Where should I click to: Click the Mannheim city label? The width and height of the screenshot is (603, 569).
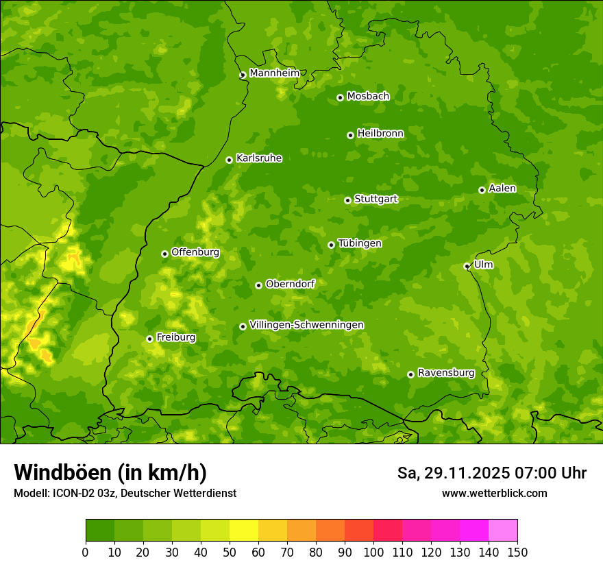(274, 73)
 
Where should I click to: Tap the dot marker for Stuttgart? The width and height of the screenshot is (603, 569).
(347, 200)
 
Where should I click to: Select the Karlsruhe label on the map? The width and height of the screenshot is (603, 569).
(258, 158)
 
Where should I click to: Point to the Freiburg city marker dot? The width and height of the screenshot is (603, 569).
(149, 339)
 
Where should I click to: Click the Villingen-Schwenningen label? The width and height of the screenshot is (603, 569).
(306, 325)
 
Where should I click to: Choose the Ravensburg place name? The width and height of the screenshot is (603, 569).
(445, 373)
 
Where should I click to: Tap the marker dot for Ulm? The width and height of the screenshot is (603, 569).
(467, 266)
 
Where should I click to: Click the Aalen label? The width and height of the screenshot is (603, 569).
(502, 189)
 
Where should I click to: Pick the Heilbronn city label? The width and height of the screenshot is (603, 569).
(380, 134)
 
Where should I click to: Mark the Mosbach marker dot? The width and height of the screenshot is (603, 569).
(340, 97)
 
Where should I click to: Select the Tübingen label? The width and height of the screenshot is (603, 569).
(360, 243)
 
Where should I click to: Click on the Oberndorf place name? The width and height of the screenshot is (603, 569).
(290, 284)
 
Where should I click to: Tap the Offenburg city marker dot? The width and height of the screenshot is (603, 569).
(164, 254)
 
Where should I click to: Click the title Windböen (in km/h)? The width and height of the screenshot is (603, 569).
(110, 472)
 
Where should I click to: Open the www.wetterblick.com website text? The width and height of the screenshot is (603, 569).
(494, 493)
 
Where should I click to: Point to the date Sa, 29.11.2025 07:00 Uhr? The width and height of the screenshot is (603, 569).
(491, 473)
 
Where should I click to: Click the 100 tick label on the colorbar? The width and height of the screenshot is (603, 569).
(373, 552)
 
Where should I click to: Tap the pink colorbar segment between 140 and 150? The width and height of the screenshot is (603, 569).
(503, 531)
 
